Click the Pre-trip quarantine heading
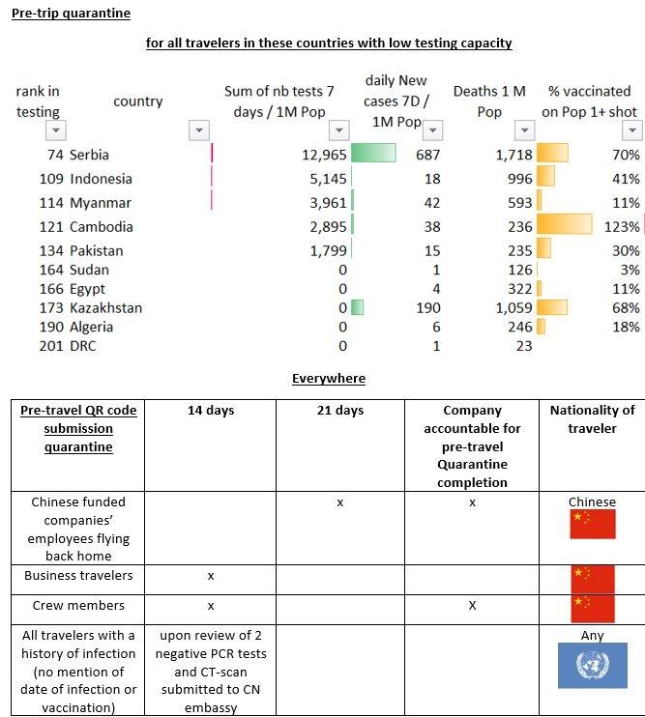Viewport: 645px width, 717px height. pos(71,14)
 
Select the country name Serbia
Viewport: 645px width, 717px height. pos(89,155)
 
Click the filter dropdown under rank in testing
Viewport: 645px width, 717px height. pos(56,130)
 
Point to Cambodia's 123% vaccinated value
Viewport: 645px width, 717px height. pos(625,227)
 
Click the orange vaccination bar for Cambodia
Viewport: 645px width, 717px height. pos(565,226)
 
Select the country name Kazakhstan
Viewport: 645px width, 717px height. pos(105,308)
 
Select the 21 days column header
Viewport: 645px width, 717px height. pos(339,411)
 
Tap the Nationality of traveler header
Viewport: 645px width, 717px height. pos(592,418)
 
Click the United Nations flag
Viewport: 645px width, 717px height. pos(592,666)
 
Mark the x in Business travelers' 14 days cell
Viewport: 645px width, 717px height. pos(210,576)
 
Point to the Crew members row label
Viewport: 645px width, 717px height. pos(78,606)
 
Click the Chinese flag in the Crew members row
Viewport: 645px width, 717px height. pos(593,609)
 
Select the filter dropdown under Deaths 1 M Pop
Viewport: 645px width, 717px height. pos(524,130)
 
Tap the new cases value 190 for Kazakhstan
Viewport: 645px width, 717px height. pos(428,308)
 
